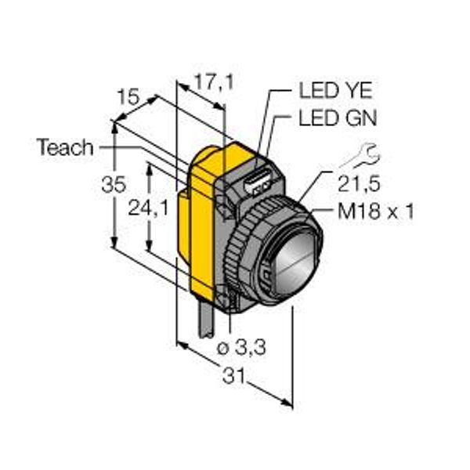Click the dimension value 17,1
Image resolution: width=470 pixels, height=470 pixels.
[x=214, y=82]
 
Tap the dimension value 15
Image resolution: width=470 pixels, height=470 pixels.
[x=128, y=97]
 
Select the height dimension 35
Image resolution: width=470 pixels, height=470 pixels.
[x=114, y=184]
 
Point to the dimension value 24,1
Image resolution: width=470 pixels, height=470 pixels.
[x=148, y=208]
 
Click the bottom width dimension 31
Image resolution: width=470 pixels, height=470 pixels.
[x=233, y=375]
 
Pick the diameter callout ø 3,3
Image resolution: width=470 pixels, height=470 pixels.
[x=241, y=347]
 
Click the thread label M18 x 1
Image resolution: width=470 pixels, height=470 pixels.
[x=376, y=211]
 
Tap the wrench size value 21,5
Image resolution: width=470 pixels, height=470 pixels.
[x=359, y=183]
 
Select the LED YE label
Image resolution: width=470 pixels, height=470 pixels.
[x=335, y=90]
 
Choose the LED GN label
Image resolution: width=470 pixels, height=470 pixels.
[x=338, y=117]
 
